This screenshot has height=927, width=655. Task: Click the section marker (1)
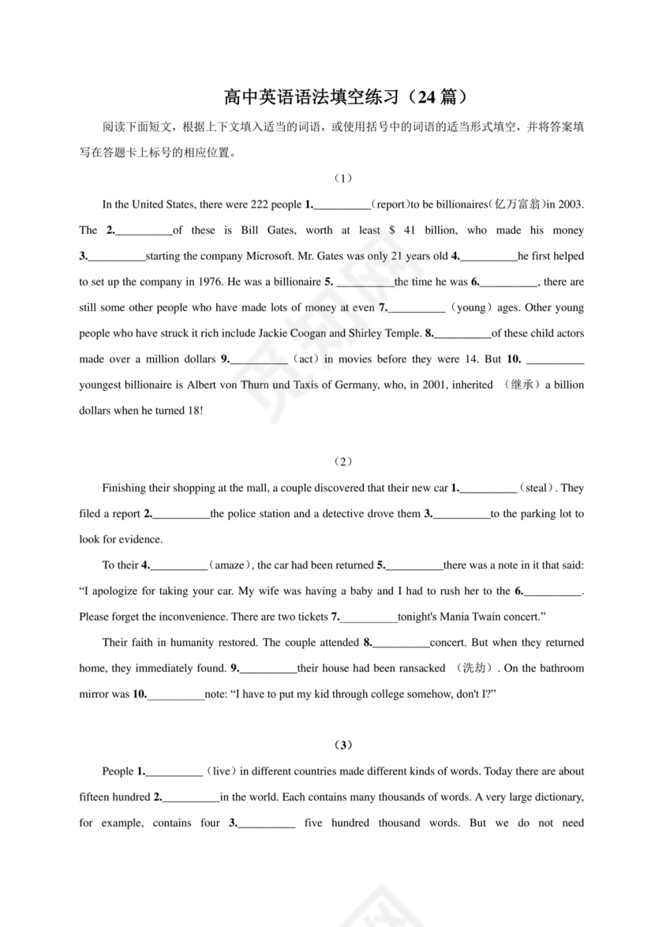point(342,178)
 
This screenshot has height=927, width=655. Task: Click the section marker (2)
point(342,461)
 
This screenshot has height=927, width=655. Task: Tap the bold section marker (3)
point(342,745)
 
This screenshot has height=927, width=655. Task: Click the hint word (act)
point(305,359)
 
